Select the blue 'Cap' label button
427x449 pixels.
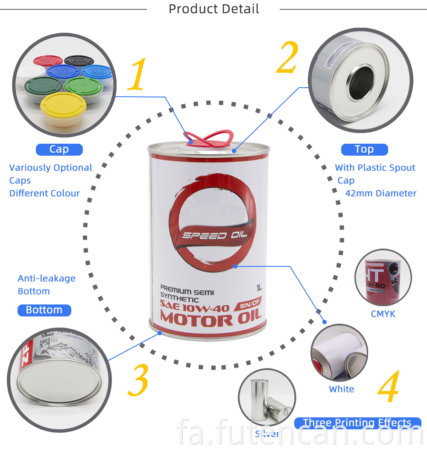(59, 149)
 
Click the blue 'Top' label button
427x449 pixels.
(364, 149)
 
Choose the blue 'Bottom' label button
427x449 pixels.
(44, 310)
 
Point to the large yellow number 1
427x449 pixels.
(138, 75)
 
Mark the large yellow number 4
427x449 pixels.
(389, 387)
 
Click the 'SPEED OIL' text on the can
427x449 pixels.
(209, 235)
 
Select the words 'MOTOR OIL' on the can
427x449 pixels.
(208, 320)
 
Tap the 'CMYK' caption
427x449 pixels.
(383, 314)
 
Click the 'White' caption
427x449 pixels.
(341, 389)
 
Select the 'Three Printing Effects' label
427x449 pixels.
(357, 423)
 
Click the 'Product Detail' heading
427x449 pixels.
(213, 9)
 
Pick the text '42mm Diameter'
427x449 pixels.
(380, 193)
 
